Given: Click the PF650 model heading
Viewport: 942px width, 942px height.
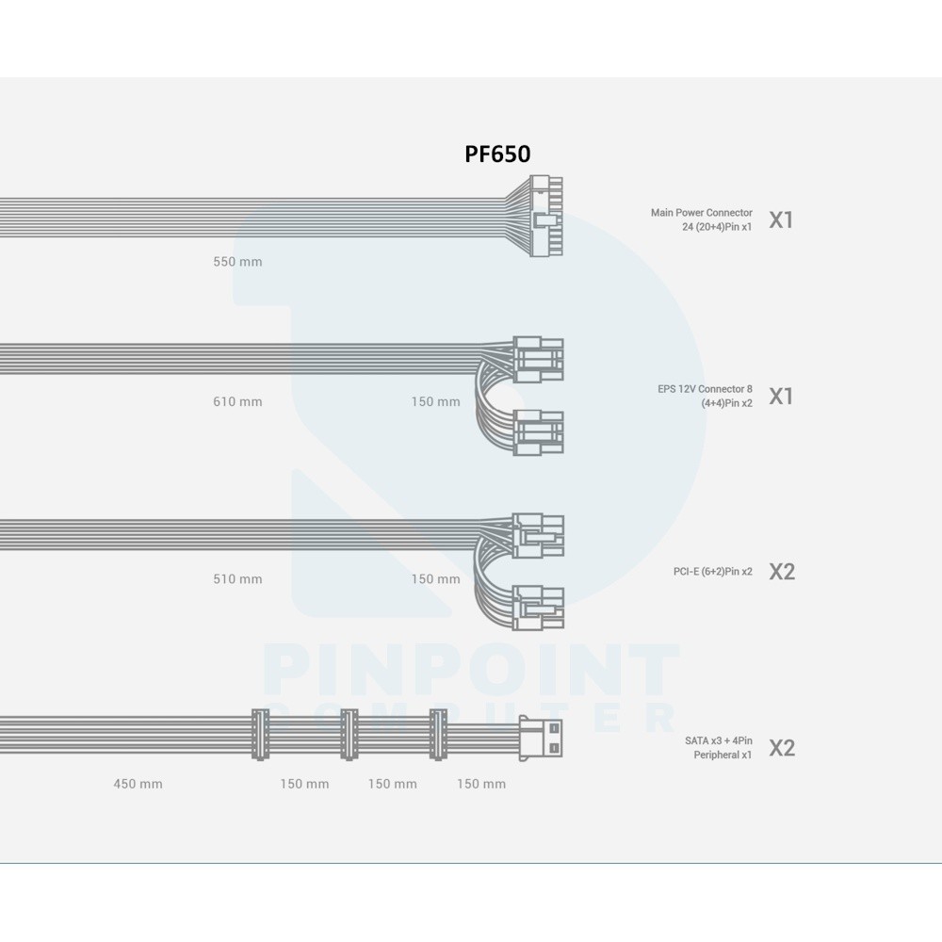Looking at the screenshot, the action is (x=497, y=154).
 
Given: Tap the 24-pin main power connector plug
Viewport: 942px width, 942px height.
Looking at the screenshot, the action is (x=546, y=217).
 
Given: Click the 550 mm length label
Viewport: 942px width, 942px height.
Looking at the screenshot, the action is (x=237, y=261).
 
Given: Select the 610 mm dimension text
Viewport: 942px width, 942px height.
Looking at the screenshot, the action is (x=237, y=401).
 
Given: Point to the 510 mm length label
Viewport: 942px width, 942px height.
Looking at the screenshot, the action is (x=237, y=579).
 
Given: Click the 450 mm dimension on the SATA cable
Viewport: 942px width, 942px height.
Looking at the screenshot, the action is (x=138, y=784).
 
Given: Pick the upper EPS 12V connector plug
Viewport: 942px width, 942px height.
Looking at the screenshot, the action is (x=538, y=359).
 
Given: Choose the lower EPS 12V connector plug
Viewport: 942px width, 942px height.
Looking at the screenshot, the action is (x=538, y=432).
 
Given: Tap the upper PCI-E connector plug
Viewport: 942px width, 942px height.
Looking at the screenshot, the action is (x=538, y=536).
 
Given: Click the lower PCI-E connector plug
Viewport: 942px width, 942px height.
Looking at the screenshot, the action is (x=538, y=608).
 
